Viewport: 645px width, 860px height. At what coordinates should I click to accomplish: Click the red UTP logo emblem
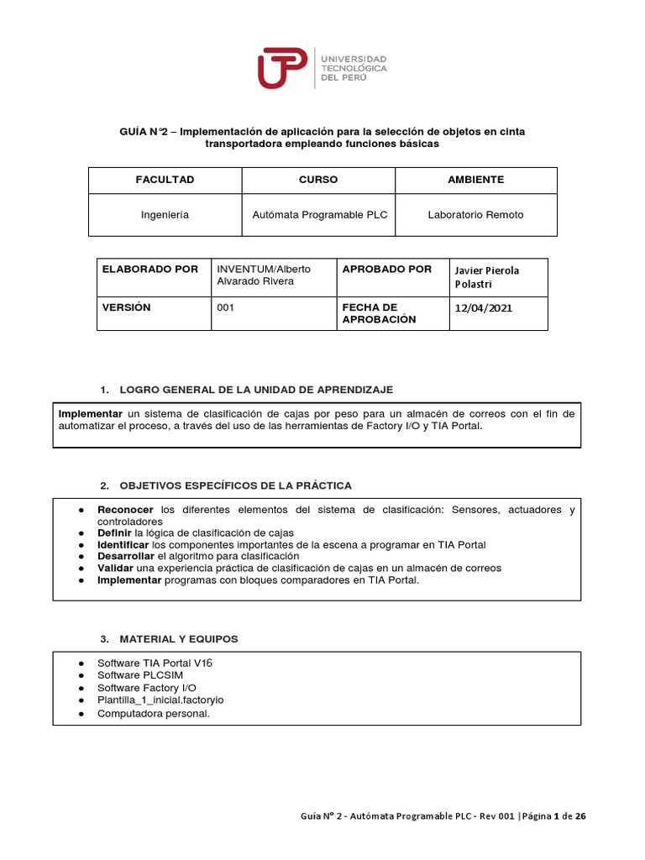click(282, 67)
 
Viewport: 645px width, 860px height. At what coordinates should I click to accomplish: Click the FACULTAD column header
click(165, 180)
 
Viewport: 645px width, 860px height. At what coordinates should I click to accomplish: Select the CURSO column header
click(318, 180)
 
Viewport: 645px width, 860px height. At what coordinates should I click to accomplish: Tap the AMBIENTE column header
click(475, 180)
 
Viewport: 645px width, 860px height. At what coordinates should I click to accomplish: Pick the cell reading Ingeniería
click(165, 215)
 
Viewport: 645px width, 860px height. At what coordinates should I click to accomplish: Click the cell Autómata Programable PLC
click(319, 215)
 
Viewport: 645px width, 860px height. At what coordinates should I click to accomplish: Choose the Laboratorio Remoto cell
click(475, 215)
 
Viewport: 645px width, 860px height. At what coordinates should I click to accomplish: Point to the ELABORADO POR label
click(149, 270)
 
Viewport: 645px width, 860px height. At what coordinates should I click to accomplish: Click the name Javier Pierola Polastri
click(488, 277)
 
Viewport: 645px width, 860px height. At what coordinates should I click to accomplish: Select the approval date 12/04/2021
click(482, 308)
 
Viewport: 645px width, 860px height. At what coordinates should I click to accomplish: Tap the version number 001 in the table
click(225, 308)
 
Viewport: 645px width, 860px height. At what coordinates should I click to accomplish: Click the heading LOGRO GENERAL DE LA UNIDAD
click(256, 391)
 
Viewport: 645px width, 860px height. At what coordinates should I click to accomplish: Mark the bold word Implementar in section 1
click(91, 414)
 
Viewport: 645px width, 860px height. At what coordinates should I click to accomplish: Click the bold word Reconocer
click(125, 510)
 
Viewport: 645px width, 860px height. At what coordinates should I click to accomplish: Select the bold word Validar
click(116, 568)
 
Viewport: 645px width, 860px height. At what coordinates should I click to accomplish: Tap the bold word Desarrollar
click(126, 556)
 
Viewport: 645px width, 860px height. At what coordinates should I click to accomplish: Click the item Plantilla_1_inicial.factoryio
click(160, 700)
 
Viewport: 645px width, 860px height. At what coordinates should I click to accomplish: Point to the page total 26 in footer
click(580, 815)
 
